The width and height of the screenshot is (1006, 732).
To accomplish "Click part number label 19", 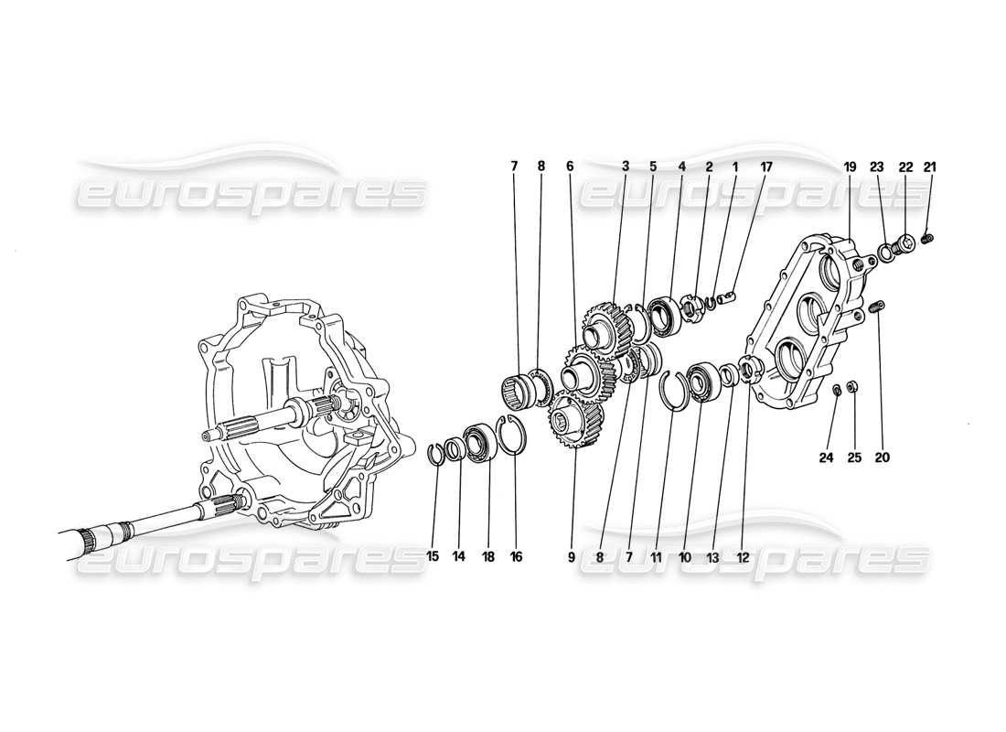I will coord(850,167).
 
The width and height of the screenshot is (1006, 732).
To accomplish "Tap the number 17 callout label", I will coord(765,167).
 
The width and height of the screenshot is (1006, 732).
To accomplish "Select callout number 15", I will coord(433,556).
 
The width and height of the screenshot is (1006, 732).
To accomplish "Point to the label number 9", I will coord(571,556).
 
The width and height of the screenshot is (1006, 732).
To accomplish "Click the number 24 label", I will coord(827,457).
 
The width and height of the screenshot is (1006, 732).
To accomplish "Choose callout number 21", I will coord(931,167).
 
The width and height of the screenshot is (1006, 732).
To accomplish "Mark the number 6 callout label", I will coord(570,167).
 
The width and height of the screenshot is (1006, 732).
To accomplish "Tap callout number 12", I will coord(743,556).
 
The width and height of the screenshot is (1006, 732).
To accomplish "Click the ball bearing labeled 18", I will coord(479,440).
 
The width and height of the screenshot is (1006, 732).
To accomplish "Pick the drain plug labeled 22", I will coord(905,244).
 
